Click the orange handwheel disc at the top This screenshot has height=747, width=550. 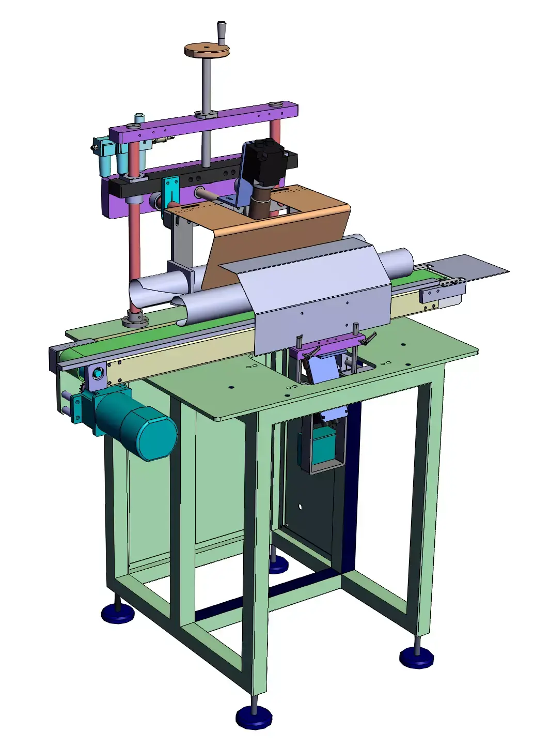pos(207,50)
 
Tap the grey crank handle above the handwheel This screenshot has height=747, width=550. pos(222,32)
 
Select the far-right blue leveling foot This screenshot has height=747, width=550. pos(416,658)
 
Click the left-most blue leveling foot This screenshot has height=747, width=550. pos(118,613)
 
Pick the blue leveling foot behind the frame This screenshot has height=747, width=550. pos(278,565)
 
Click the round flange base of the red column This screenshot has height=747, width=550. pos(135,320)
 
